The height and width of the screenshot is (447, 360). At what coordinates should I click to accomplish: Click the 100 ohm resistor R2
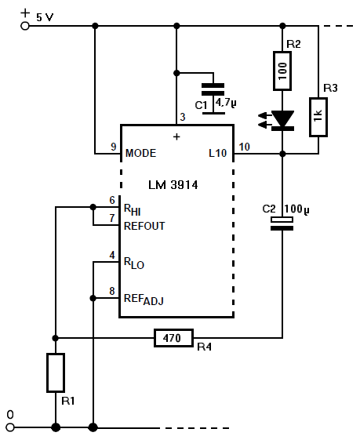point(282,71)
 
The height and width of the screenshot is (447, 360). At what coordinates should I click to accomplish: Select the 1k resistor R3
point(318,117)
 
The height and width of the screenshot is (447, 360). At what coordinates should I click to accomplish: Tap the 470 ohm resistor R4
point(173,338)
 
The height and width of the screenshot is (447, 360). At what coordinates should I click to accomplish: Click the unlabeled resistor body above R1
point(56,372)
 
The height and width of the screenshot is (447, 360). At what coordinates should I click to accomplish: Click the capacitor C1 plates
point(213,89)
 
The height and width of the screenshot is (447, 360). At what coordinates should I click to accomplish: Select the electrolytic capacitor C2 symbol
point(282,223)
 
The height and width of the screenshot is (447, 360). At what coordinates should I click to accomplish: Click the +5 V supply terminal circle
point(25,26)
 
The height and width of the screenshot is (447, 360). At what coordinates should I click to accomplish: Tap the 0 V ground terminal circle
point(10,427)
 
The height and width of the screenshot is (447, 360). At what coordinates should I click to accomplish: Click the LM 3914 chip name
point(173,185)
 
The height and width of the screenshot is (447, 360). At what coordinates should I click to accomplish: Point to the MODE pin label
point(141,154)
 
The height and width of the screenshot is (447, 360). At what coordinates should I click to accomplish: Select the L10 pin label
point(218,154)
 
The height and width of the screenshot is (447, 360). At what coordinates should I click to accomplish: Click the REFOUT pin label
point(144,226)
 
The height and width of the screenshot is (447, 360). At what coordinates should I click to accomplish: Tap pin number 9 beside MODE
point(114,147)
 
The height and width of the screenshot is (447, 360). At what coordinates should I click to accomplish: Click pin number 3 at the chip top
point(183,117)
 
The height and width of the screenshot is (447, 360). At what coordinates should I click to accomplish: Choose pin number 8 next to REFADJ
point(112,291)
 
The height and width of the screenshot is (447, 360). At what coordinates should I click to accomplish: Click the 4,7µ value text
point(226,103)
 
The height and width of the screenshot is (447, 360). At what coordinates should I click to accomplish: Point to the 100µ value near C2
point(296,209)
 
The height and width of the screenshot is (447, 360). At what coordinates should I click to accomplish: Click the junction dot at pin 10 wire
point(282,154)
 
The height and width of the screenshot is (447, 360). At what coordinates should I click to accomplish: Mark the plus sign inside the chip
point(176,136)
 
